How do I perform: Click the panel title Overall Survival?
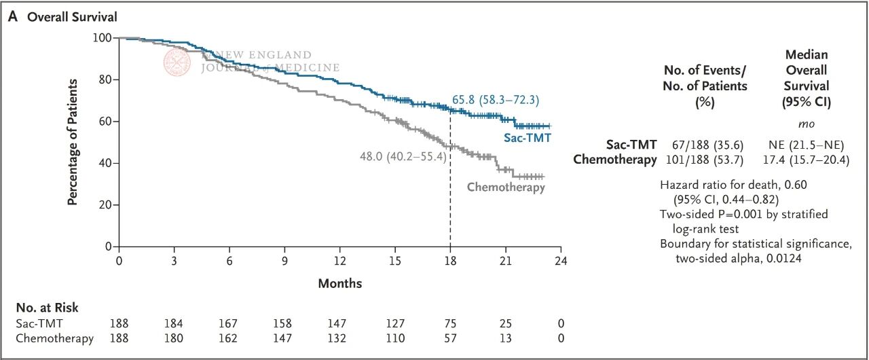coord(62,17)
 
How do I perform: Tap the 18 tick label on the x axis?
coord(450,260)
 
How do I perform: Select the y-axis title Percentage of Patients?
coord(73,142)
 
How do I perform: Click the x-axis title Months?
coord(340,283)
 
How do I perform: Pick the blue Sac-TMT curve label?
coord(527,138)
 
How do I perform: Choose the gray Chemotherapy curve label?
coord(506,187)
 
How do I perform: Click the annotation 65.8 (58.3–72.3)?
coord(496,101)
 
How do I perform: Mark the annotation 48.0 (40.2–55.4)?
coord(401,156)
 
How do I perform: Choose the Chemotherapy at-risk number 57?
coord(450,338)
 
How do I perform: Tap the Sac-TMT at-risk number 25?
coord(505,323)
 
